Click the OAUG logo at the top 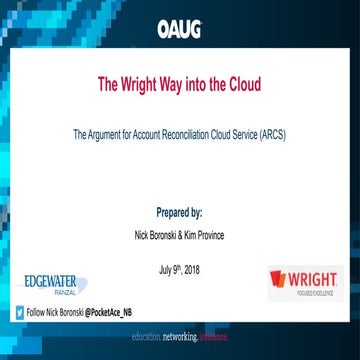[x=179, y=28]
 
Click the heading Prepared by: [x=180, y=213]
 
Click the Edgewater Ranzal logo [x=50, y=283]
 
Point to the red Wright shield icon [x=279, y=278]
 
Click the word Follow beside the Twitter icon [x=36, y=313]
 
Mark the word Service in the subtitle [x=247, y=133]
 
